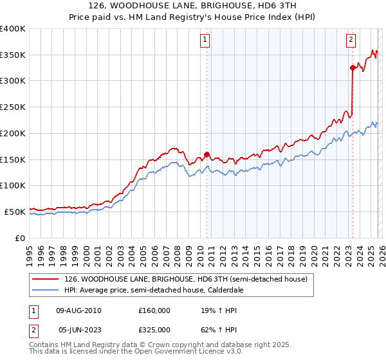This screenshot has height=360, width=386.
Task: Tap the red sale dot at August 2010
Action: coord(207,154)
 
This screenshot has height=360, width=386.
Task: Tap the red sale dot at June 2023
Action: coord(353,67)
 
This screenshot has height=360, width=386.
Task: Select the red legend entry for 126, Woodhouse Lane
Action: coord(187,280)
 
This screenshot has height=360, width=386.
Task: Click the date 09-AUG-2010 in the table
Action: coord(79,310)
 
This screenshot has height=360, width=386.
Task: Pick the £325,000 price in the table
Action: coord(154,329)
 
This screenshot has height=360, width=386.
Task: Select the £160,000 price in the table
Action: coord(154,310)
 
